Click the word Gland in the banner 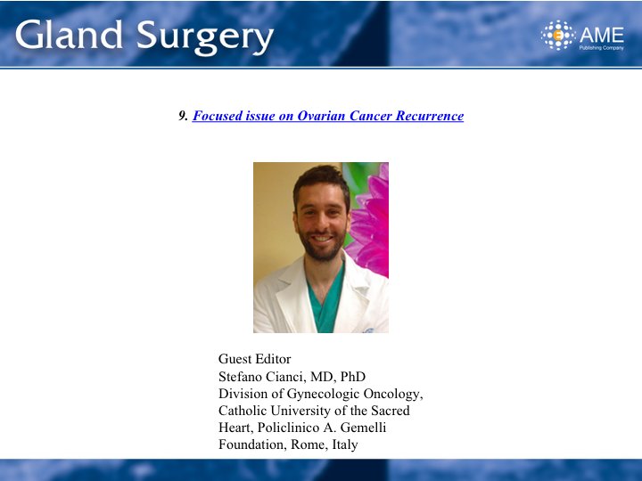(69, 35)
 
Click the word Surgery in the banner (205, 37)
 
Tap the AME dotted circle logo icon (558, 35)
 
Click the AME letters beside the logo (602, 35)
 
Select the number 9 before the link (183, 116)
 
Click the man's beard (322, 246)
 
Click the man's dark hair (322, 180)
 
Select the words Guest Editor (255, 359)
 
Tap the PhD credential (353, 376)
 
